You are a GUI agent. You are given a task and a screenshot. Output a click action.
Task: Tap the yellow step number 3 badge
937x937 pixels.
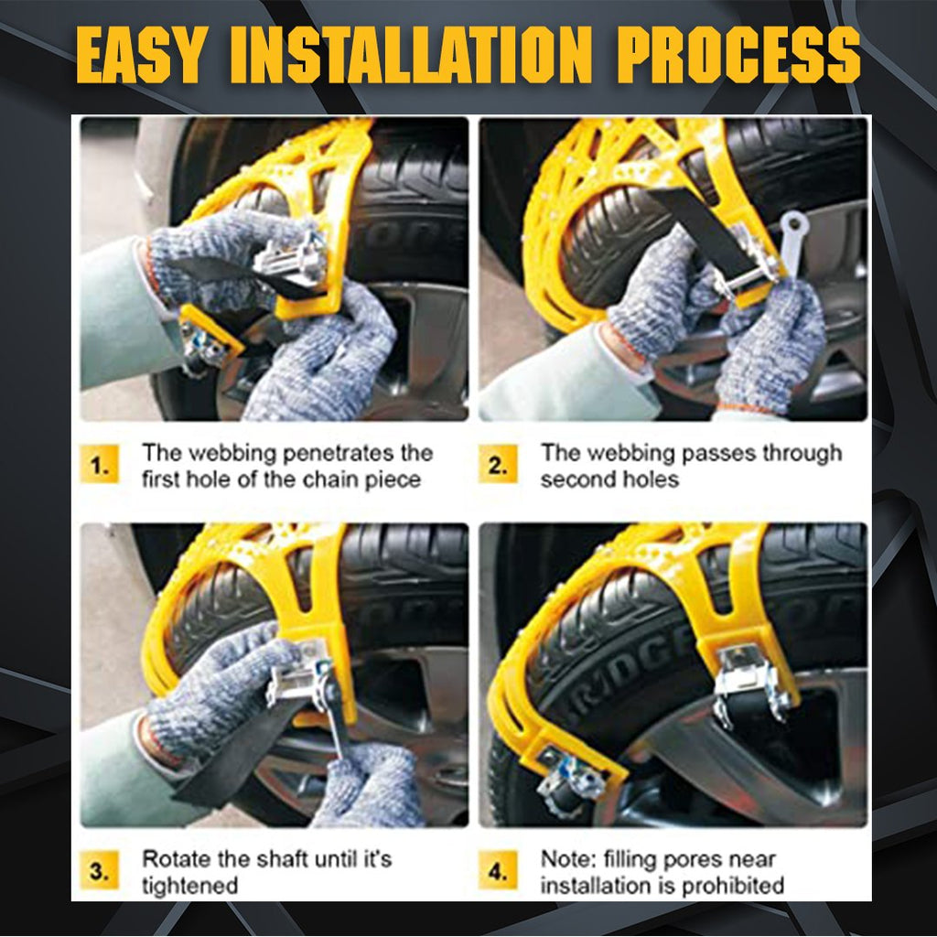click(x=99, y=872)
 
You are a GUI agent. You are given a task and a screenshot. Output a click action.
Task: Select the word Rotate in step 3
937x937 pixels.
click(x=172, y=859)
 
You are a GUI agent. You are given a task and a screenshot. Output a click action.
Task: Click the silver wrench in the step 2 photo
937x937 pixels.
click(x=792, y=236)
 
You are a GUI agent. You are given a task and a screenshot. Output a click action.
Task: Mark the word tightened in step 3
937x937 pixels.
click(x=189, y=885)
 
